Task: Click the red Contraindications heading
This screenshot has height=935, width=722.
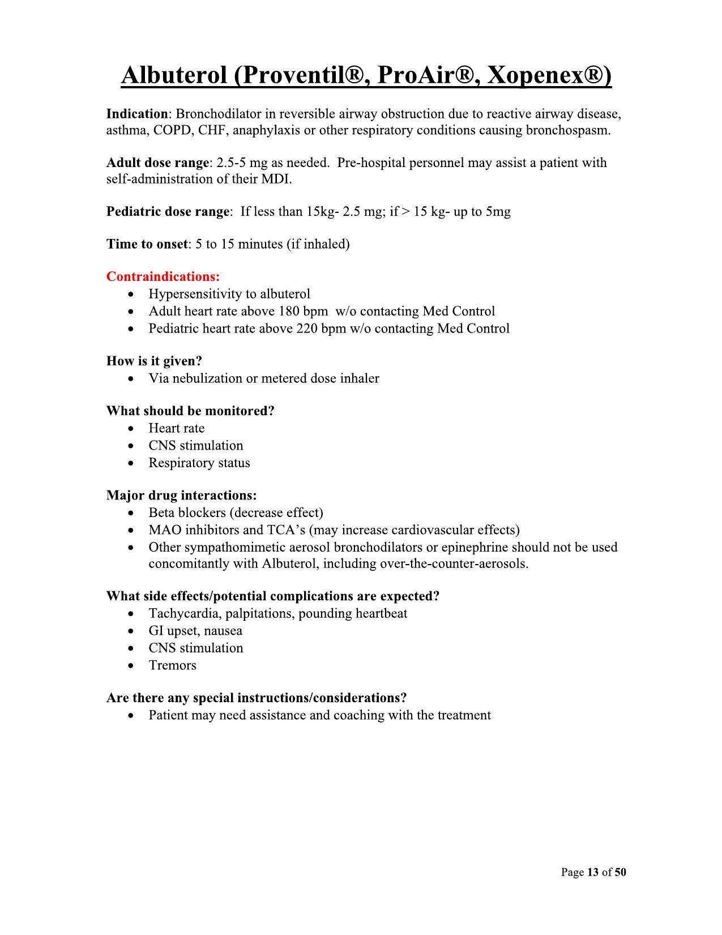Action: point(163,277)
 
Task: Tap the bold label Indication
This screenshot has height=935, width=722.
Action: point(137,114)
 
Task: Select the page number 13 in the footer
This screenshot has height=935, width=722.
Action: point(593,872)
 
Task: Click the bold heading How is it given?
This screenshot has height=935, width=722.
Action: point(154,361)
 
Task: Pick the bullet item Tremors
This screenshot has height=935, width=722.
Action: point(172,665)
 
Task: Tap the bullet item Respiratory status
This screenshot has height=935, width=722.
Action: point(199,463)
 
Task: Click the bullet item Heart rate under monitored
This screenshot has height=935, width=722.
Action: point(176,429)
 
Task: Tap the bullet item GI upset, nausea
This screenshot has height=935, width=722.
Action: point(195,631)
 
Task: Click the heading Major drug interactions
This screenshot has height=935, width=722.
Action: point(181,496)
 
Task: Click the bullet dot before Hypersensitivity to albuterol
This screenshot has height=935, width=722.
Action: point(131,294)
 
